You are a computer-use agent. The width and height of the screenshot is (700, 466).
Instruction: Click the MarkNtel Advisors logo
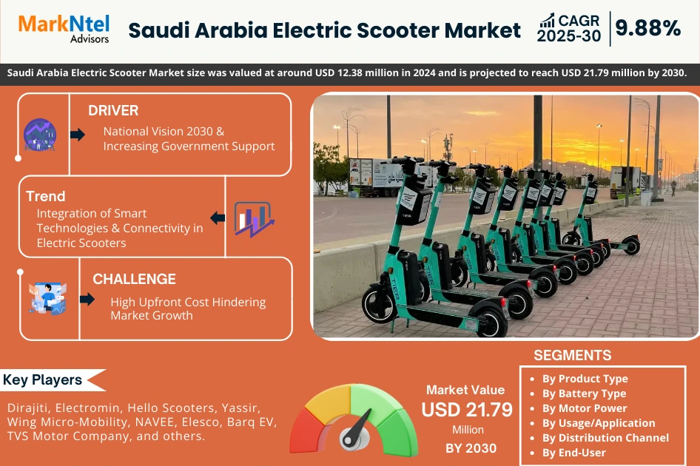tap(63, 29)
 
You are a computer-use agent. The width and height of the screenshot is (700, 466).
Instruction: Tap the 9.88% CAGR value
tap(648, 28)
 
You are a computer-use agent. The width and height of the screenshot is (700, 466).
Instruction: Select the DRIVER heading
tap(113, 111)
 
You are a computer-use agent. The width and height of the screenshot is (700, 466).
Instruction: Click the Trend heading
tap(46, 196)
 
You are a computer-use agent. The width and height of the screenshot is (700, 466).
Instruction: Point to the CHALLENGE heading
tap(134, 279)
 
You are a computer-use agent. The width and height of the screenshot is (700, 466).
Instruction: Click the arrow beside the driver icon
tap(77, 134)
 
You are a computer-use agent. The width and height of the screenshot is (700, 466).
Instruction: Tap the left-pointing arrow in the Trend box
tap(218, 217)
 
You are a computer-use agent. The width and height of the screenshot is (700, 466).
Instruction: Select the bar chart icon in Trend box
tap(254, 218)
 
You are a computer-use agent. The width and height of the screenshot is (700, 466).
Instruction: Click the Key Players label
tap(43, 380)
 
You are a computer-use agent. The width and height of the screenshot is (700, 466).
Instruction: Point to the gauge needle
tap(358, 429)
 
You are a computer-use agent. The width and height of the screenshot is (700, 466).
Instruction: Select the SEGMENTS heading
tap(572, 355)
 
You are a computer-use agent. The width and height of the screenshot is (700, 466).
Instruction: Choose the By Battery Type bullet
tap(584, 394)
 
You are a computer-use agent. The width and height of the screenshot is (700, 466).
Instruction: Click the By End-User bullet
tap(573, 453)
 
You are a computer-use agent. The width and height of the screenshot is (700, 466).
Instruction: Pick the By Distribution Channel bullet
tap(605, 438)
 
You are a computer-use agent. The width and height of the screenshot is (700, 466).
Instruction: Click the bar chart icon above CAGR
tap(548, 20)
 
